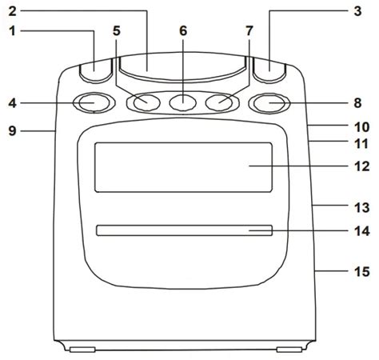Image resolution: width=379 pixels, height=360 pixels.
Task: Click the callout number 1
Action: click(12, 31)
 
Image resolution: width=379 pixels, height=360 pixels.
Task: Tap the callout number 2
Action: click(12, 11)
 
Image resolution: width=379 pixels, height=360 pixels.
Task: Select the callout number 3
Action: click(357, 11)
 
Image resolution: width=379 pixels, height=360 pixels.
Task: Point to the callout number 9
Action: click(12, 131)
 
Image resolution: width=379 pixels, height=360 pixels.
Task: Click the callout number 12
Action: click(361, 166)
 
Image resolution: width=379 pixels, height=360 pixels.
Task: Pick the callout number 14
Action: click(361, 231)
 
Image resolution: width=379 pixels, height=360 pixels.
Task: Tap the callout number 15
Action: click(361, 271)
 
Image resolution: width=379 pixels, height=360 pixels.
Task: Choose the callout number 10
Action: click(361, 127)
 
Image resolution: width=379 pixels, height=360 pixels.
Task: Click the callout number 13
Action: click(361, 207)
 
